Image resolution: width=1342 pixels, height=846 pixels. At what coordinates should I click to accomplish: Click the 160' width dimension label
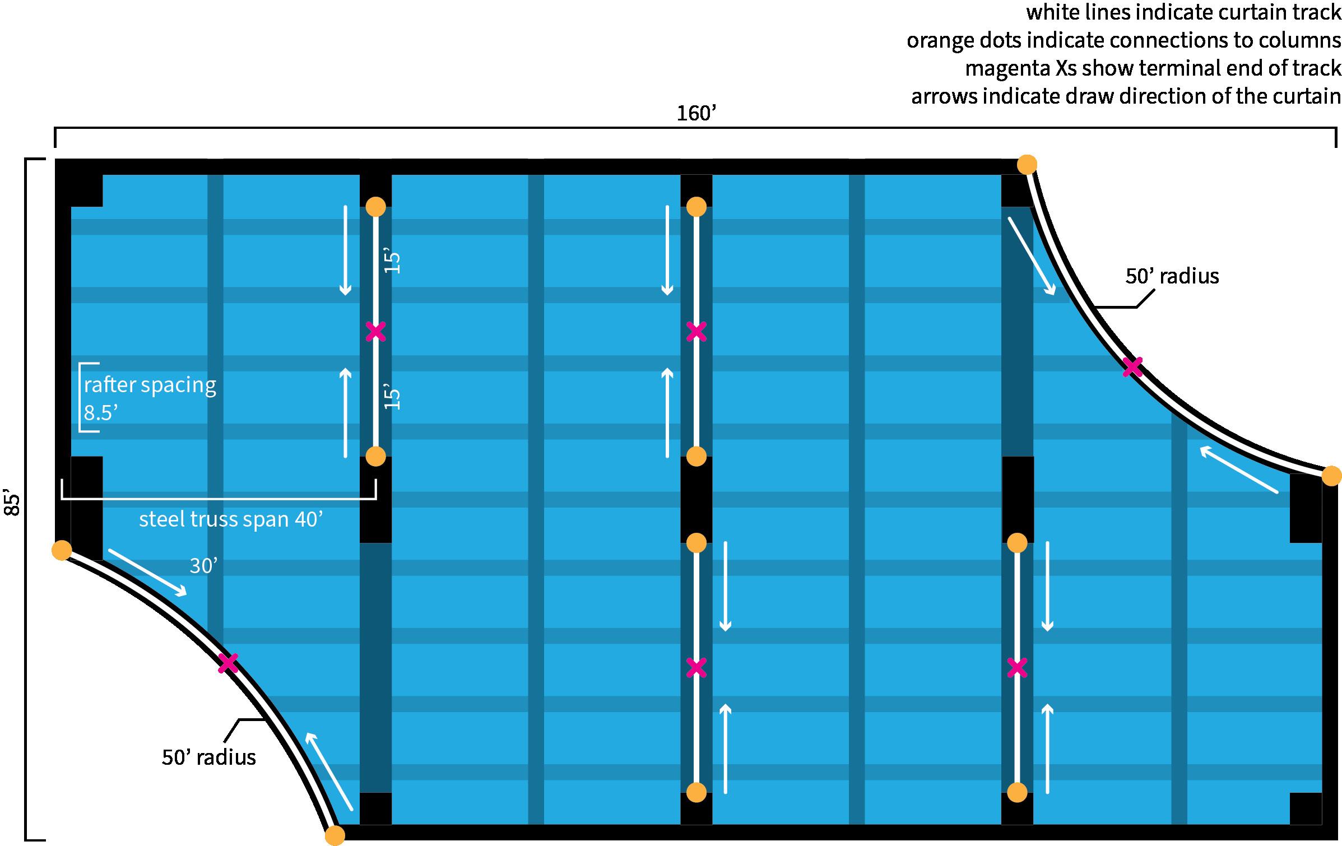coord(696,114)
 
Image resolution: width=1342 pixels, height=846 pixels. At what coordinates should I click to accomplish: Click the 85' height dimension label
coord(12,504)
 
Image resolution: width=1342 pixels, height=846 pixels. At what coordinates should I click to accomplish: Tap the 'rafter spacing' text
coord(150,385)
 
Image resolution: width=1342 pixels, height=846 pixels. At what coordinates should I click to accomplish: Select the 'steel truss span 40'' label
coord(231,519)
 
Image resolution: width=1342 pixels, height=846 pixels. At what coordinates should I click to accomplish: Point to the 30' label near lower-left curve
coord(203,566)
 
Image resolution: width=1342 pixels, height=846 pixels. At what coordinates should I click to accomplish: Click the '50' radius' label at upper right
coord(1172,276)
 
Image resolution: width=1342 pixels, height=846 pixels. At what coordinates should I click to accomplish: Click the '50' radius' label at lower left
coord(208,757)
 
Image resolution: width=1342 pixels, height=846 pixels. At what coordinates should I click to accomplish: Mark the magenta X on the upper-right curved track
coord(1132,368)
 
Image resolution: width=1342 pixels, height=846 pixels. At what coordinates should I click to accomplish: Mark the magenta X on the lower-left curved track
coord(228,663)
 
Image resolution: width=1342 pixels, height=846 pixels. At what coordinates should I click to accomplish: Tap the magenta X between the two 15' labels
coord(375,332)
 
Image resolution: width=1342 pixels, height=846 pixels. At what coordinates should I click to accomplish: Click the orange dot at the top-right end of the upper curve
coord(1027,164)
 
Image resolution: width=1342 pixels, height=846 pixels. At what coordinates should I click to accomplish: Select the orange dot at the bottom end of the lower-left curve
coord(335,835)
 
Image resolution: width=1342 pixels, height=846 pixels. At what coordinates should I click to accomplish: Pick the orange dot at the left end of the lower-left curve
coord(62,550)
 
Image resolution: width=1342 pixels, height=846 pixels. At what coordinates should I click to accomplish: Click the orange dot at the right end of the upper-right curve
coord(1331,476)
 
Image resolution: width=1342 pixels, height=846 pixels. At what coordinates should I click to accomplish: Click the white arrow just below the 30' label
coord(147,573)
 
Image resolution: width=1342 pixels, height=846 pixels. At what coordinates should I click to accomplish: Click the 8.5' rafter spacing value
coord(100,413)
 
